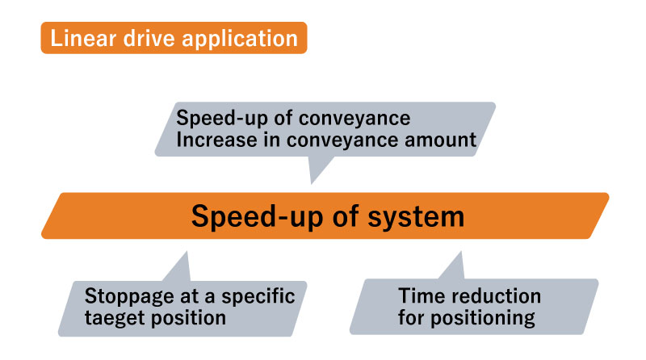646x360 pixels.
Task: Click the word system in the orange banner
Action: tap(416, 217)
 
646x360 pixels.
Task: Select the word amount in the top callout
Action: tap(440, 140)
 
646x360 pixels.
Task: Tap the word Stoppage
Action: tap(129, 296)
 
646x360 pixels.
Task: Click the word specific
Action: tap(258, 296)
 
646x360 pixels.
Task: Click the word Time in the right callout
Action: tap(420, 295)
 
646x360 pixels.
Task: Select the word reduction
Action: tap(494, 295)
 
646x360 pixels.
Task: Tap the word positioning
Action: tap(482, 318)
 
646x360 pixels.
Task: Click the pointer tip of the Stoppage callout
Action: tap(187, 252)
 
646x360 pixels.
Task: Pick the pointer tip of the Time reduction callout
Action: tap(460, 252)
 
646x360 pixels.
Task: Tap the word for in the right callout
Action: tap(411, 317)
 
